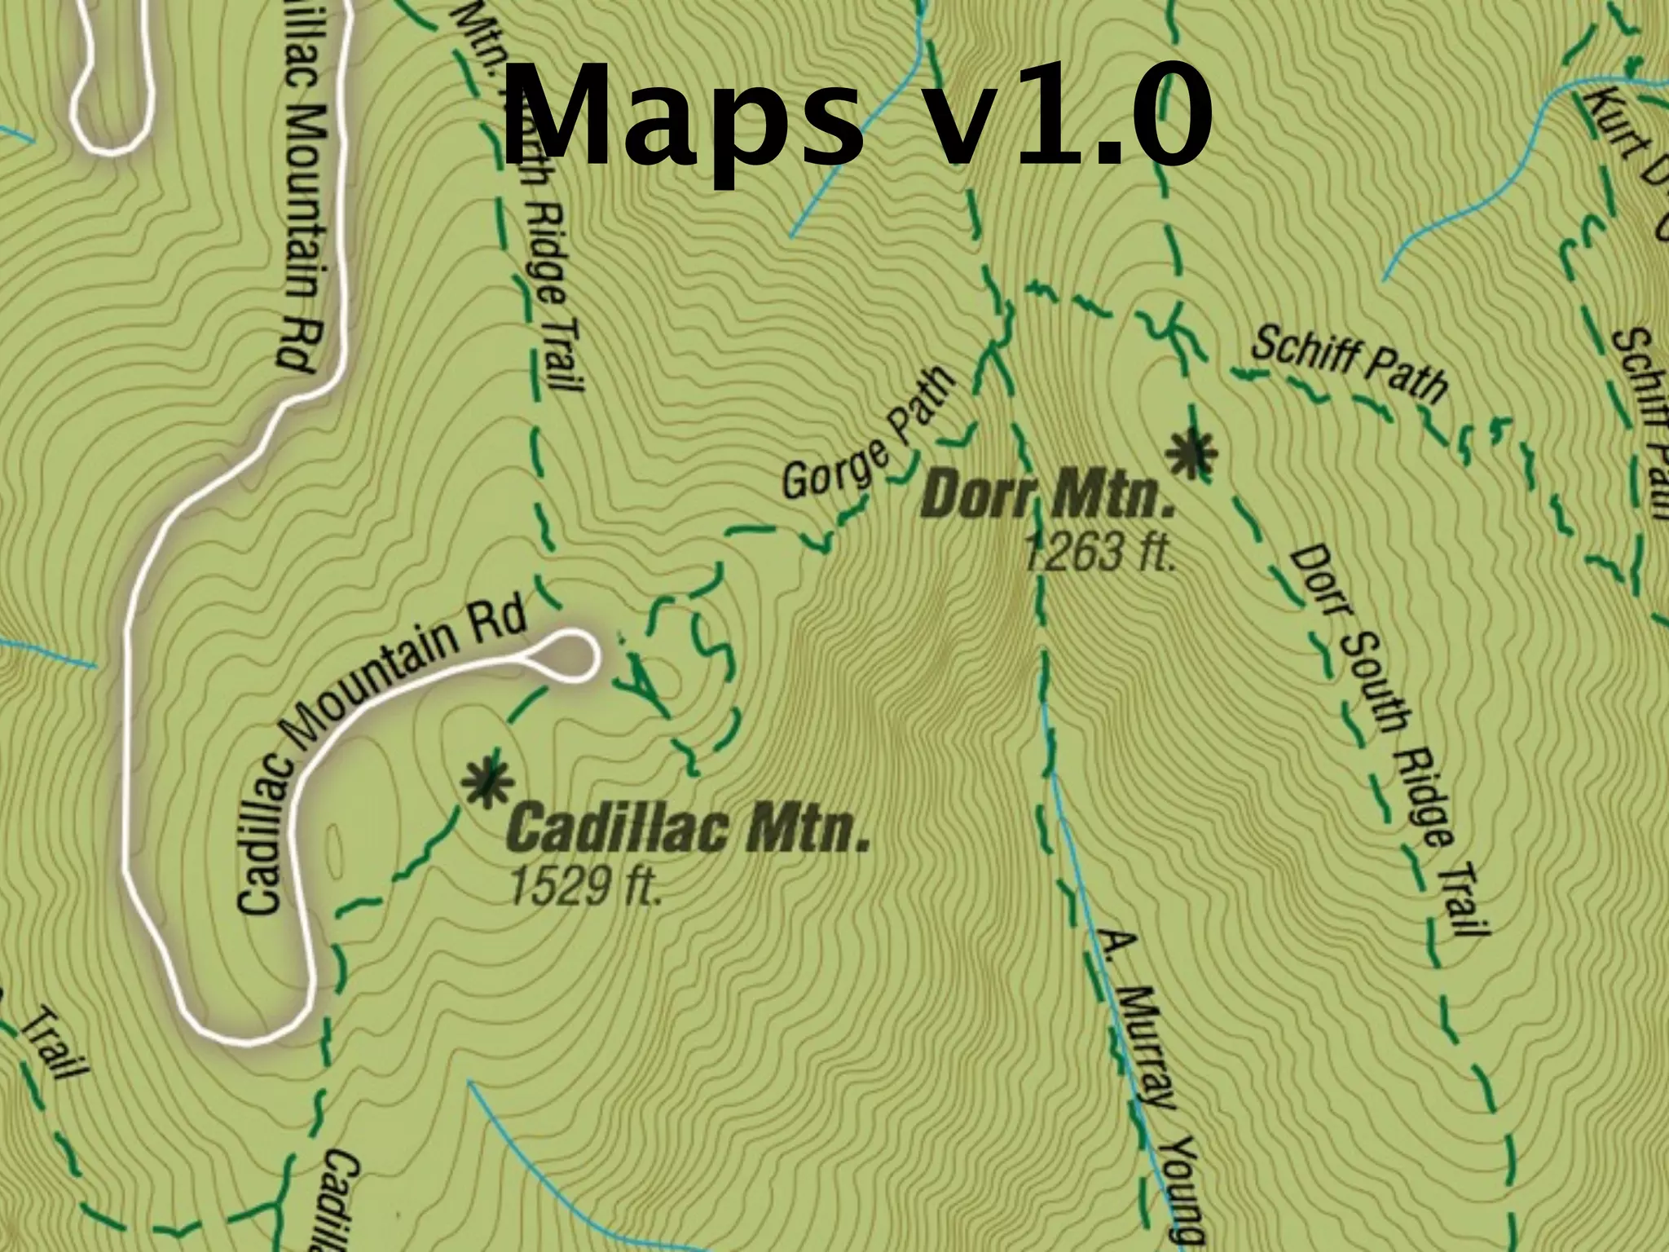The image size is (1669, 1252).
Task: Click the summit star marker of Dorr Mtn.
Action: click(1191, 452)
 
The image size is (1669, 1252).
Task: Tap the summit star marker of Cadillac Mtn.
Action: click(487, 780)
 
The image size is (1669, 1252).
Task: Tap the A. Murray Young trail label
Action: click(1149, 1084)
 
